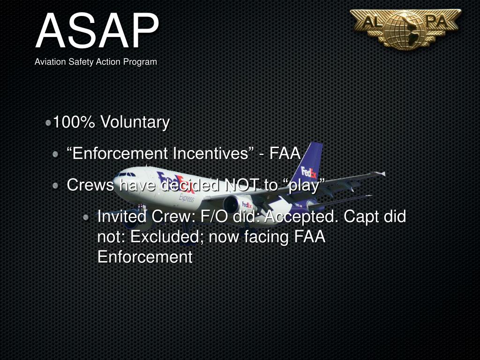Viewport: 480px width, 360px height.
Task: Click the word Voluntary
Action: point(135,122)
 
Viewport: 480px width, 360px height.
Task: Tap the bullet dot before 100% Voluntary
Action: point(49,123)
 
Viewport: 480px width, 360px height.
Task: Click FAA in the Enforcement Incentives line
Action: point(285,154)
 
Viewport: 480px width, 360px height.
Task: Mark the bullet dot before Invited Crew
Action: point(86,217)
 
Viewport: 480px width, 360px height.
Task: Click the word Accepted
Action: point(302,217)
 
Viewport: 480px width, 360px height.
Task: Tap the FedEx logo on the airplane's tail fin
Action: point(308,172)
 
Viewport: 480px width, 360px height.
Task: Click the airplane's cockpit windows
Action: point(125,174)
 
